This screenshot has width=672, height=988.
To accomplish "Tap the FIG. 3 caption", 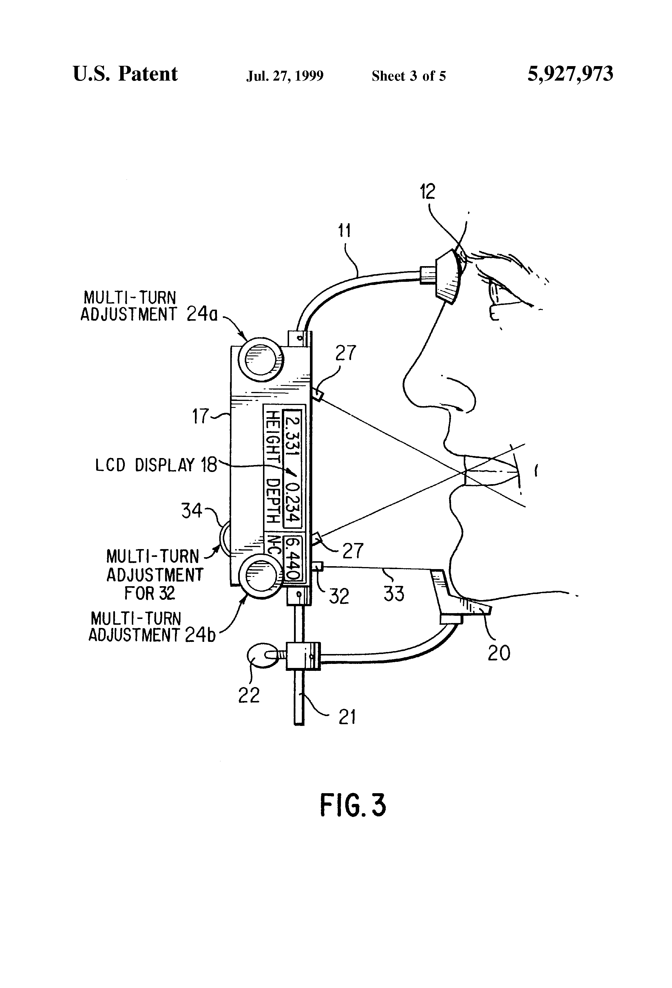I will point(353,805).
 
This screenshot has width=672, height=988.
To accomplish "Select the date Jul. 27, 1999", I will point(285,76).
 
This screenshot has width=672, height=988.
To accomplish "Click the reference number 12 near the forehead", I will point(428,192).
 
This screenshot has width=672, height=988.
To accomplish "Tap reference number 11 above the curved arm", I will point(344,231).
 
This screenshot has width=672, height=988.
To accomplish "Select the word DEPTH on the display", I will point(272,502).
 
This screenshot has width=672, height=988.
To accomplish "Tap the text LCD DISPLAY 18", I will point(156,465).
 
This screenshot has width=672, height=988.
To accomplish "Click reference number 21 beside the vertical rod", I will point(347,717).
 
